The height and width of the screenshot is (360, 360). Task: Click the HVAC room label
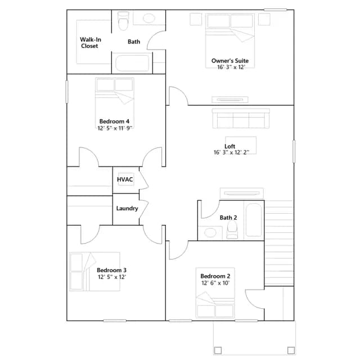(125, 179)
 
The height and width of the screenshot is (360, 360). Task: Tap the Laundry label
(127, 208)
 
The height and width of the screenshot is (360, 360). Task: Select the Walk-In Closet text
(91, 43)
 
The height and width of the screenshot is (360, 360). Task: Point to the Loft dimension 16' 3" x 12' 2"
(231, 152)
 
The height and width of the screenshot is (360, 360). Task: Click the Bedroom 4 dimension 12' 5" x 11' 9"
(115, 128)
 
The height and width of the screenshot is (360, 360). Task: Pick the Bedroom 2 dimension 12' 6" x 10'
(215, 283)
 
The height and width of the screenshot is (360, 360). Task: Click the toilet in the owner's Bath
(123, 21)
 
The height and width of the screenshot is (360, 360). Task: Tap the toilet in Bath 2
(232, 230)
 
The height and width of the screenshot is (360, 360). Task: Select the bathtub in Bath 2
(254, 220)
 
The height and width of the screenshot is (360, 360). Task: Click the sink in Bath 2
(210, 232)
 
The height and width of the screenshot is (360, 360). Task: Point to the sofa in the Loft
(241, 118)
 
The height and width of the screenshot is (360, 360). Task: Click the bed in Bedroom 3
(94, 272)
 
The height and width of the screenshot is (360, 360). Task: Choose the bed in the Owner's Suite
(230, 40)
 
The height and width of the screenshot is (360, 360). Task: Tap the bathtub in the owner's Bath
(132, 63)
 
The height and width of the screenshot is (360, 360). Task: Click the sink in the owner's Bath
(149, 19)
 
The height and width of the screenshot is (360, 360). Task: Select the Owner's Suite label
(230, 61)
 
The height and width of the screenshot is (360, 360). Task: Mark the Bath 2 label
(228, 218)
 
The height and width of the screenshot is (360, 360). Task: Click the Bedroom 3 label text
(111, 270)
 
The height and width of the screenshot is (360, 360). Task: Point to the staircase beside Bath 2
(279, 243)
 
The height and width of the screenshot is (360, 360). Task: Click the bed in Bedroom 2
(215, 292)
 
